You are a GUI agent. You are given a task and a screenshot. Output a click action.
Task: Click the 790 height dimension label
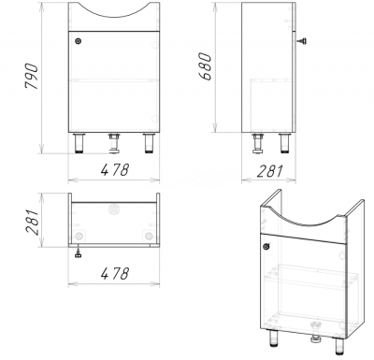pos(32,77)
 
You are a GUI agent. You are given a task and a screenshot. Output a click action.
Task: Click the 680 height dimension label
pos(206,66)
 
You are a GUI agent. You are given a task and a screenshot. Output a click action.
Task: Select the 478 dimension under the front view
pos(115,170)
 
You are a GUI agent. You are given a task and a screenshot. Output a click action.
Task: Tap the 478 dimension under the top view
pos(115,274)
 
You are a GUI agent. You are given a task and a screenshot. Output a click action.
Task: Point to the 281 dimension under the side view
pos(270,171)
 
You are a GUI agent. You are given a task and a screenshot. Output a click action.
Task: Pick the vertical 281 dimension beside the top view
pos(33,222)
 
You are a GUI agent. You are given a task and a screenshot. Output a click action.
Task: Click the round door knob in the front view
pos(78,41)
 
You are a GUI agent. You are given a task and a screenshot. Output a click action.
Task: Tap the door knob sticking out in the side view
pos(301,41)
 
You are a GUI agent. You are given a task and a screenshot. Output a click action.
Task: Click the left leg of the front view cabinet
pos(79,143)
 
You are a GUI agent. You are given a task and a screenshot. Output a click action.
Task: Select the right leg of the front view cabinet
pos(149,143)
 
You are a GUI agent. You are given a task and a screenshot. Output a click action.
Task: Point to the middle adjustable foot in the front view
pos(114,143)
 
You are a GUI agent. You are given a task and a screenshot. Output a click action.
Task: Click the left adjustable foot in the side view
pos(257,143)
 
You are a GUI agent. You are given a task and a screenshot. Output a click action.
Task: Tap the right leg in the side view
pos(284,143)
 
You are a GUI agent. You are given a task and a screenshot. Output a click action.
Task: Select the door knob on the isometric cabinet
pos(266,247)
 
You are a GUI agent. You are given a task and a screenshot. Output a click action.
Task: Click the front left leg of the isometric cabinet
pos(273,338)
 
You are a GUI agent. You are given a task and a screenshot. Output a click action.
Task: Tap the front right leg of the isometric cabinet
pos(339,346)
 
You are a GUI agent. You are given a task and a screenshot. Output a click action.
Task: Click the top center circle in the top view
pos(113,209)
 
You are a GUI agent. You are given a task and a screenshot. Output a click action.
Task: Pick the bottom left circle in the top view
pos(79,236)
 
